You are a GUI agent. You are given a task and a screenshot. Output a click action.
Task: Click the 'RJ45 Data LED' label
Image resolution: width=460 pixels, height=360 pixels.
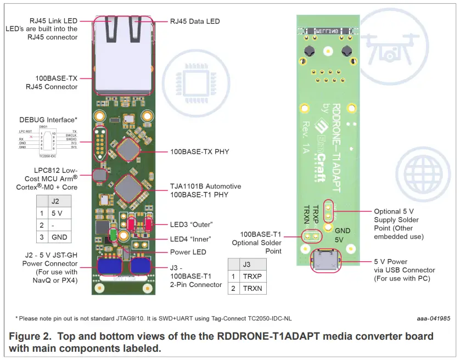click(x=195, y=21)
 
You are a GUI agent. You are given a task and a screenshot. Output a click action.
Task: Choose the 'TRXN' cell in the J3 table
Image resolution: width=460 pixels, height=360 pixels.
click(x=253, y=289)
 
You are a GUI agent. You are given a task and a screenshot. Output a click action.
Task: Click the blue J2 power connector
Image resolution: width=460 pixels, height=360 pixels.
click(x=110, y=265)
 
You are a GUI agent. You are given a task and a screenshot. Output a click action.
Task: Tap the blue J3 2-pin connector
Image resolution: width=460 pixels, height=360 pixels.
click(x=141, y=265)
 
